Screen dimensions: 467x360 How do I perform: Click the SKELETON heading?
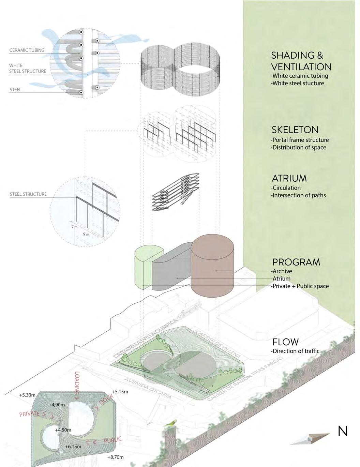coord(295,130)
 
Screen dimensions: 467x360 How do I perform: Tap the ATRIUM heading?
coord(289,178)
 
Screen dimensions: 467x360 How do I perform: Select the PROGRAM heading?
coord(296,262)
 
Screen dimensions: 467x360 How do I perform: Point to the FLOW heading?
coord(285,342)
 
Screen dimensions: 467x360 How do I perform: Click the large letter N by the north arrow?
coord(342,431)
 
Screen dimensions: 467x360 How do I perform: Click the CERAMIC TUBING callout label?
coord(27,50)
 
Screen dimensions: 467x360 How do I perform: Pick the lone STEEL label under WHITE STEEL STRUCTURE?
coord(15,90)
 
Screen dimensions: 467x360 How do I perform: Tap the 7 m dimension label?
coord(74,227)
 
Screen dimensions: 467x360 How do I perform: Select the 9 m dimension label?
coord(86,234)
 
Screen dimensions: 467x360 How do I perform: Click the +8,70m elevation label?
coord(115,457)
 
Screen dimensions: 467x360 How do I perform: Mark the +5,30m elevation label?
coord(27,395)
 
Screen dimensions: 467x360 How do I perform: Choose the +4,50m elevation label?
coord(63,430)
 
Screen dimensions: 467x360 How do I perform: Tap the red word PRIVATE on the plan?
coord(30,414)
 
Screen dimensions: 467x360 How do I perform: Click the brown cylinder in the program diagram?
coord(212,266)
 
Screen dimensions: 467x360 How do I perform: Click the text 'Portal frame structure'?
coord(300,140)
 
